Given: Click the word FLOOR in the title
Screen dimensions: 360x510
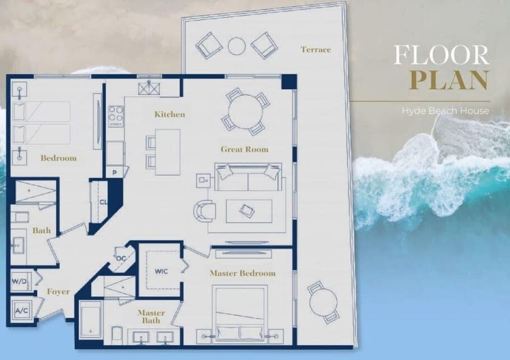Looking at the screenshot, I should (441, 55).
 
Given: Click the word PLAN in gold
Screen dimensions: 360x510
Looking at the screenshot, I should (449, 80).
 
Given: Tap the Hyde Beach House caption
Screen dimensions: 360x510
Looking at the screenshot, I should (445, 111).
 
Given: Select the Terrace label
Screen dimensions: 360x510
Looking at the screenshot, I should (316, 49).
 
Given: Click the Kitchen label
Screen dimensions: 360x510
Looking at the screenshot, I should (169, 114).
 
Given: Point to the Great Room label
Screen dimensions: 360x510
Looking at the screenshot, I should (244, 149).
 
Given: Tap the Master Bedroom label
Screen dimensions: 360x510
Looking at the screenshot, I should (242, 273).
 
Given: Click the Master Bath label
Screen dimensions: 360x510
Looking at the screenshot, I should (151, 317).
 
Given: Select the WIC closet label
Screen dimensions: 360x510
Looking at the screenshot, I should (162, 271).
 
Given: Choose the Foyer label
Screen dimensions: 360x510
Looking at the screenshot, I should (58, 292).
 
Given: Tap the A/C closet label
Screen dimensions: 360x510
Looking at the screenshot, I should (21, 310).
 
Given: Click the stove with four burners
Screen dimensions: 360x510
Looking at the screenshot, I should (116, 115).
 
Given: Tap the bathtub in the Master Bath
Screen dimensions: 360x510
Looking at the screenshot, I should (91, 320).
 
